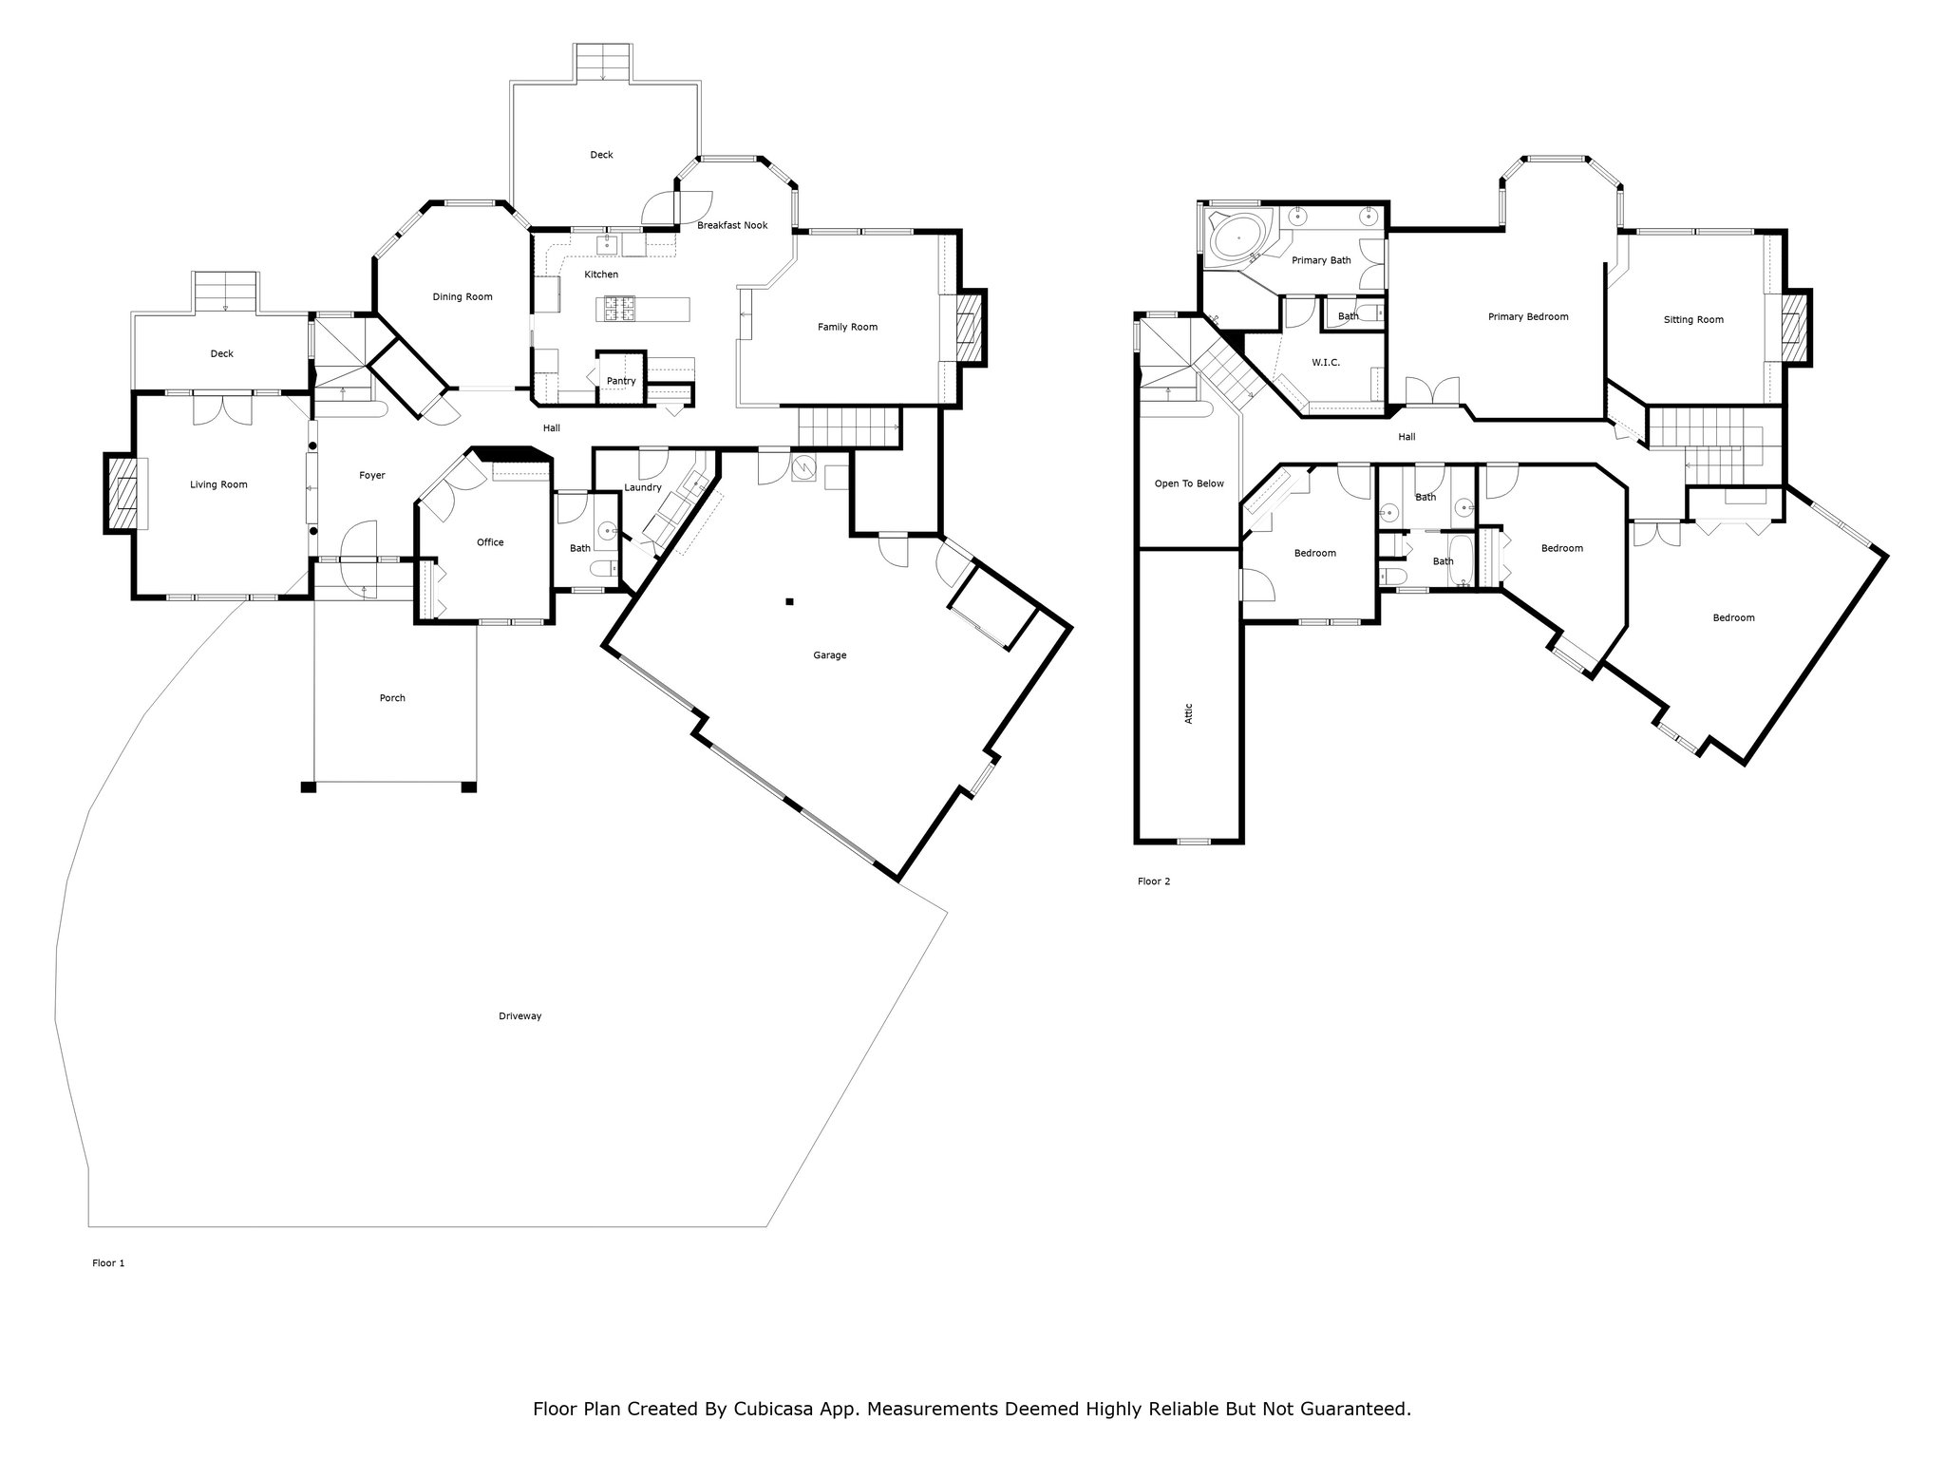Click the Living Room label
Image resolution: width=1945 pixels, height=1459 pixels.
tap(218, 484)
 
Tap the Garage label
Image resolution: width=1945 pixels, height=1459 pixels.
tap(829, 655)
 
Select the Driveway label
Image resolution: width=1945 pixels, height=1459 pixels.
tap(519, 1016)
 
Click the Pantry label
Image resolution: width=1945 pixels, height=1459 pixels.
tap(621, 381)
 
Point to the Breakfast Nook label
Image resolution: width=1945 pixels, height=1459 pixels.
tap(732, 225)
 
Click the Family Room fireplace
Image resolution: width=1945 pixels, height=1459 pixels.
tap(966, 327)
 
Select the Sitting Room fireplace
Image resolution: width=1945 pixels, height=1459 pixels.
tap(1790, 327)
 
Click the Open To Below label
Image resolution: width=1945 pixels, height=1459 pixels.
tap(1189, 483)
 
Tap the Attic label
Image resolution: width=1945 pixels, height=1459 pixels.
tap(1189, 713)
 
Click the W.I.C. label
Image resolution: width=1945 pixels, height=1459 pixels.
tap(1326, 363)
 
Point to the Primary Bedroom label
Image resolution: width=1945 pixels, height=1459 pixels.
tap(1528, 317)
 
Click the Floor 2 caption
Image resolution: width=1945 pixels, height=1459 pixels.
tap(1154, 881)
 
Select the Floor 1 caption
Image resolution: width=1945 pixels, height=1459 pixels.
tap(108, 1263)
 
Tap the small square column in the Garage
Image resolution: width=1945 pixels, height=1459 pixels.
tap(789, 600)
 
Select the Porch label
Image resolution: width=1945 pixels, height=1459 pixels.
tap(392, 698)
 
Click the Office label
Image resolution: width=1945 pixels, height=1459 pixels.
tap(490, 542)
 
